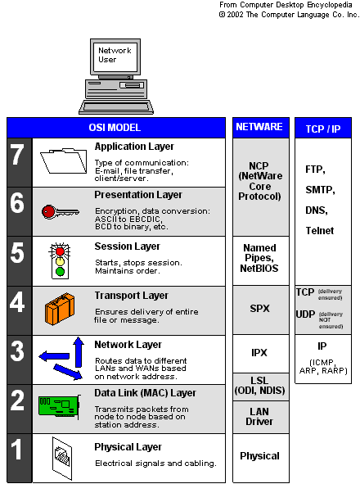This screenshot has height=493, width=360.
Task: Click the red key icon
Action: point(60,212)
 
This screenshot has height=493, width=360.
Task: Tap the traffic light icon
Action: point(60,261)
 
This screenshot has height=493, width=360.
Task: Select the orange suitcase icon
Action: point(60,309)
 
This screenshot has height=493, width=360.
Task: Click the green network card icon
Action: point(60,407)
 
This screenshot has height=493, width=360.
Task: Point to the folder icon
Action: point(64,161)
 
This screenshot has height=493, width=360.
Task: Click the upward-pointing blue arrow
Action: point(79,352)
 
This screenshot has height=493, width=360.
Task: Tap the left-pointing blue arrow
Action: point(54,356)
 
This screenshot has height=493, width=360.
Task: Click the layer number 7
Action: point(17,155)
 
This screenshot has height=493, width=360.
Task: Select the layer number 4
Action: point(17,302)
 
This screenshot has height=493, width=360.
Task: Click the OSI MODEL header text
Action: point(115,128)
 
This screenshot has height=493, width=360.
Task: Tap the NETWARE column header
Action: point(259,127)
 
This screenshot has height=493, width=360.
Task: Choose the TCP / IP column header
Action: point(323,129)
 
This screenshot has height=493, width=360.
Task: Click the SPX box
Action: point(261,310)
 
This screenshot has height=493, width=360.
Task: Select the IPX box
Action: point(261,354)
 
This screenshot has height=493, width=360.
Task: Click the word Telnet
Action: point(320,230)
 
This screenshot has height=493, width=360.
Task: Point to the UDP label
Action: point(305,314)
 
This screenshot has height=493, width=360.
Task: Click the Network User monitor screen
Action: point(115,57)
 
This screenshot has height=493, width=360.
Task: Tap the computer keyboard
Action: point(116,107)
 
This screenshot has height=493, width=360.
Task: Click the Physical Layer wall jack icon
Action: point(62,459)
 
